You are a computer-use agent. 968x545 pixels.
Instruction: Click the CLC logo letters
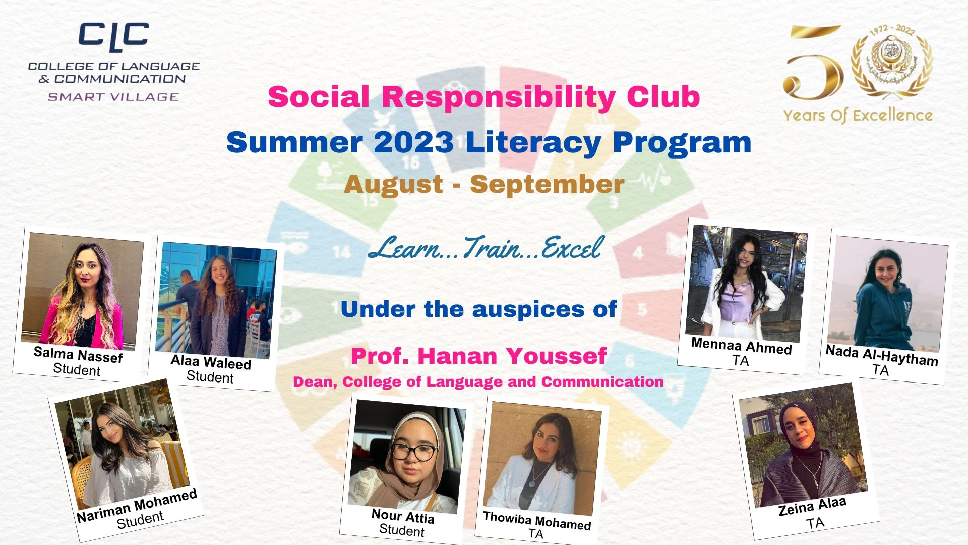click(x=113, y=36)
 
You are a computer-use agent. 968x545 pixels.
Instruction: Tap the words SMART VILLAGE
click(x=113, y=97)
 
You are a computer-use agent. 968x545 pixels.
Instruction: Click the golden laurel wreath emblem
click(x=891, y=62)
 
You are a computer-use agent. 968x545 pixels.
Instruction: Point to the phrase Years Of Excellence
click(x=858, y=116)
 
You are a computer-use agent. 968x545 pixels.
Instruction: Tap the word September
click(x=547, y=185)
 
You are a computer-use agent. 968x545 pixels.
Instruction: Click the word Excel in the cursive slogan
click(x=572, y=247)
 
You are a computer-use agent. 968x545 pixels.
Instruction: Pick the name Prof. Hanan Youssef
click(x=478, y=356)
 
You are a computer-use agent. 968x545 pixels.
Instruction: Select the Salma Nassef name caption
click(x=78, y=355)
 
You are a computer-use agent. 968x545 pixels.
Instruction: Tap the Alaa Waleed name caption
click(x=211, y=362)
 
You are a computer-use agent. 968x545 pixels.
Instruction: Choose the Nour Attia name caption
click(x=403, y=516)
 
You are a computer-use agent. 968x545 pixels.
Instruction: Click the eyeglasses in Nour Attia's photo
click(x=413, y=452)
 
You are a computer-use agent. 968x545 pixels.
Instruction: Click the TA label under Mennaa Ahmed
click(x=741, y=361)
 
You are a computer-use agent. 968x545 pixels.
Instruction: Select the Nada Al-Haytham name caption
click(x=882, y=355)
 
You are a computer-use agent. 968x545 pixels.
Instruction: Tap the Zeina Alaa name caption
click(x=812, y=506)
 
